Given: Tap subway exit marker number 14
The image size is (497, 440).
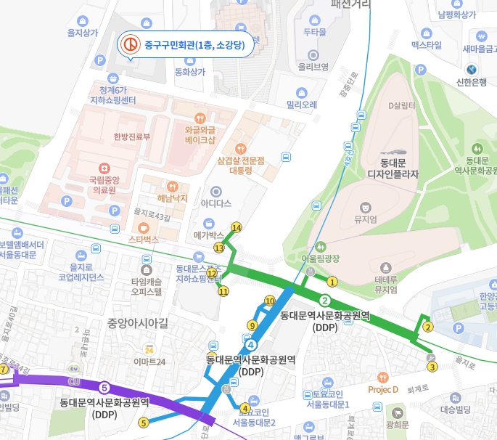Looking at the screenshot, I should pos(235,227).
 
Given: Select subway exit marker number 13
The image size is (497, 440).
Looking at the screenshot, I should pos(219,248).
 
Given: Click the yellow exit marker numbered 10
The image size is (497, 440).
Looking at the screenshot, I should pos(270,301).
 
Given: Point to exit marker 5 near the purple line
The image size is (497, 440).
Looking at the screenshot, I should pos(144,423).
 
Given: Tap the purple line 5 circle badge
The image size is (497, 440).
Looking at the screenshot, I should pos(104,387).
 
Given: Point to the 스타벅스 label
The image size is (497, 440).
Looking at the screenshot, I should pos(143,238).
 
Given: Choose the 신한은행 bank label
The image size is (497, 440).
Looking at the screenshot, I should pos(472,81).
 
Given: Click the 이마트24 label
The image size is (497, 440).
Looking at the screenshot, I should pos(150,362).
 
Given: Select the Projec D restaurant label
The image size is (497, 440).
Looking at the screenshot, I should pos(383,389).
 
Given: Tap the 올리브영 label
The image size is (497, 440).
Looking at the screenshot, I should pos(313,67).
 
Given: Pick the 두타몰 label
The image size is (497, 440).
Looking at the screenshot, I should pos(315,32).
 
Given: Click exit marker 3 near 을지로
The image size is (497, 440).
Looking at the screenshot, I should pos(432,367).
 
